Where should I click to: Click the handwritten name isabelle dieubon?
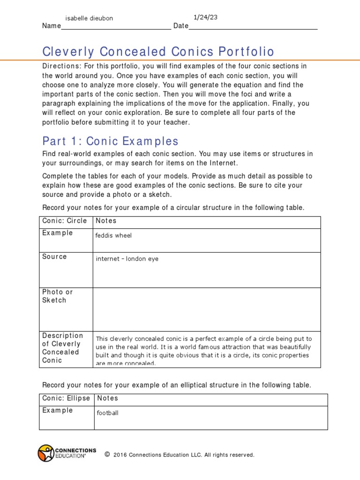coord(89,18)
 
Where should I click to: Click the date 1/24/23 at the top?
coord(206,17)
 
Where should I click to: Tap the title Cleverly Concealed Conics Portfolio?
coord(158,52)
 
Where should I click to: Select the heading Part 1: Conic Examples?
coord(111,141)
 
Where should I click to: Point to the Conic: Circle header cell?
coord(65,221)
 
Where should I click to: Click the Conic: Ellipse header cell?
coord(66,398)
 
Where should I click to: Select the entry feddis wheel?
coord(113,236)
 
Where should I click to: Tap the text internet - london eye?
coord(127,259)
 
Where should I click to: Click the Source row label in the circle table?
coord(54,257)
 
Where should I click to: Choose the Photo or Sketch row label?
coord(58,296)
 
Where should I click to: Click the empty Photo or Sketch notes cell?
coord(207,309)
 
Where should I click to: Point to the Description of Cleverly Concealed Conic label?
coord(62,348)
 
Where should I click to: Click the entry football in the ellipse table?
coord(107,413)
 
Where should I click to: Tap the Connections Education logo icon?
coord(46,453)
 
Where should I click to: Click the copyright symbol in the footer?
coord(107,454)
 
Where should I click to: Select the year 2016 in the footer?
coord(120,455)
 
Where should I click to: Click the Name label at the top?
coord(52,26)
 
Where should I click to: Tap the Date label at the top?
coord(180,26)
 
